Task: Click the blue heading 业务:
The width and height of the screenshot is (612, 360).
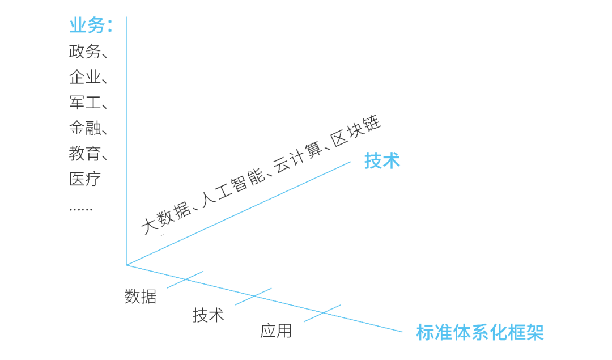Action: (91, 26)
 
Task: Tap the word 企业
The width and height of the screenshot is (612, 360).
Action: (85, 77)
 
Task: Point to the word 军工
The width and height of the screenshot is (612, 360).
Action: (85, 103)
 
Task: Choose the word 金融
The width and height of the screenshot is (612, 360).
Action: (85, 128)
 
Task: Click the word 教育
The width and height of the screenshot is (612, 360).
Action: (85, 154)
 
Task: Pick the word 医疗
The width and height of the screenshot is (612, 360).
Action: (85, 179)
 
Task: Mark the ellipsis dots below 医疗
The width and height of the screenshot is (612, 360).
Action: (80, 209)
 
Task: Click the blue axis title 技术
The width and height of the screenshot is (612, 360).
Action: (382, 161)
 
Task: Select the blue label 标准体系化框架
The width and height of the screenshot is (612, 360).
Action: (479, 333)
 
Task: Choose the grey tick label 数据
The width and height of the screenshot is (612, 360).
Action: (141, 296)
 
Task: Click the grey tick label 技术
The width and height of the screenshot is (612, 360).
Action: (209, 315)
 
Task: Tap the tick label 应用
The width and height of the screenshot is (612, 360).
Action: (276, 331)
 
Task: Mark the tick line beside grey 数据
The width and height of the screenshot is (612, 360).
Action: (185, 279)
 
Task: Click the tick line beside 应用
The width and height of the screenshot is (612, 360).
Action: (322, 314)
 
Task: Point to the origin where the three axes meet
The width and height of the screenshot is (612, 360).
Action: (126, 265)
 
